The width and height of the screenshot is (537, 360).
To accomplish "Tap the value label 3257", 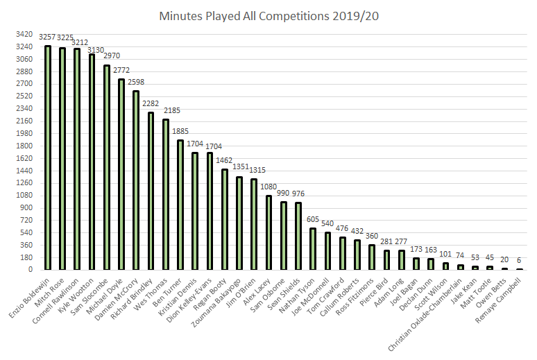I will click(48, 37).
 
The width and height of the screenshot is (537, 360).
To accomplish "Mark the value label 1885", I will click(180, 132).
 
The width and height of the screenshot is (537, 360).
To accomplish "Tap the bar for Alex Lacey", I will click(268, 232).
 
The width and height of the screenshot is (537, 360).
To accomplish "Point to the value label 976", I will click(298, 194).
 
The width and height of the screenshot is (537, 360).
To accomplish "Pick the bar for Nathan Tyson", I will click(313, 249).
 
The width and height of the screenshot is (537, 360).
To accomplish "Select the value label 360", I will click(372, 236).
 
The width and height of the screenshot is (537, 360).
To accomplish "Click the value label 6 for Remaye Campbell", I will click(519, 260).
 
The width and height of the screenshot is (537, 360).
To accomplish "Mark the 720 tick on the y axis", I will click(25, 221).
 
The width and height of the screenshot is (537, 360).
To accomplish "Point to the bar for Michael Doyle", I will click(121, 174).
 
